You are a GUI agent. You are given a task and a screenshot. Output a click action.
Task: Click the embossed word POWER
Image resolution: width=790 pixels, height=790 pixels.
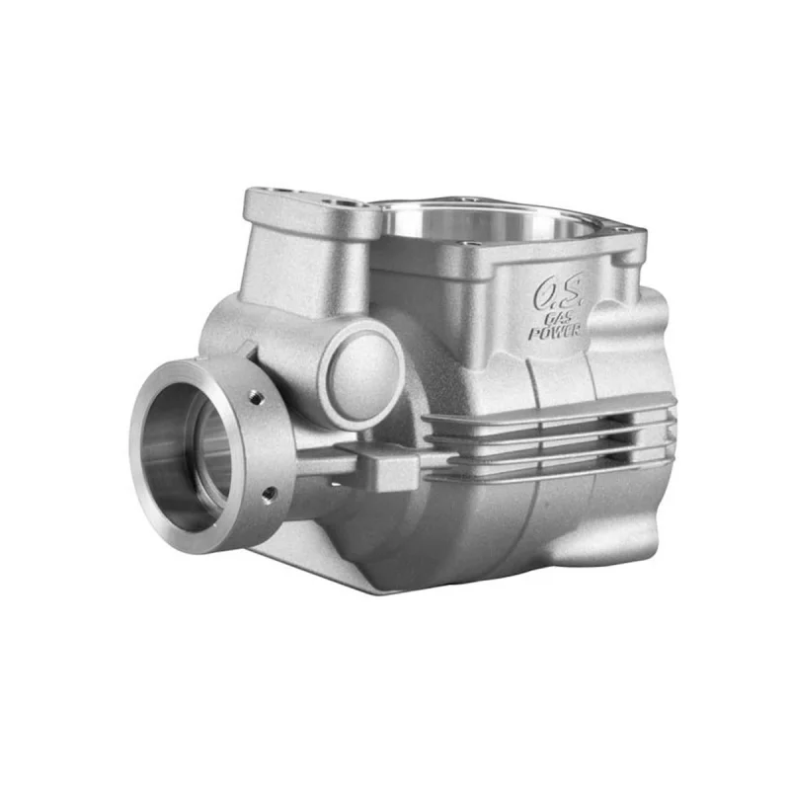(x=554, y=332)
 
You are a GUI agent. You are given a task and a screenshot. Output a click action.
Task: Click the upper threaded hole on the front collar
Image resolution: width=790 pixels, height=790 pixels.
(x=256, y=398)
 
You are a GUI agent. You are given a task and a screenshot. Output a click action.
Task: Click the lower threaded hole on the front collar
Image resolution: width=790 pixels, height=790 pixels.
(x=269, y=495)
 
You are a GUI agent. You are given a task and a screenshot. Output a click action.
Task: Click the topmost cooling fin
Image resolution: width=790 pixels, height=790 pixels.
(x=548, y=408)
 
